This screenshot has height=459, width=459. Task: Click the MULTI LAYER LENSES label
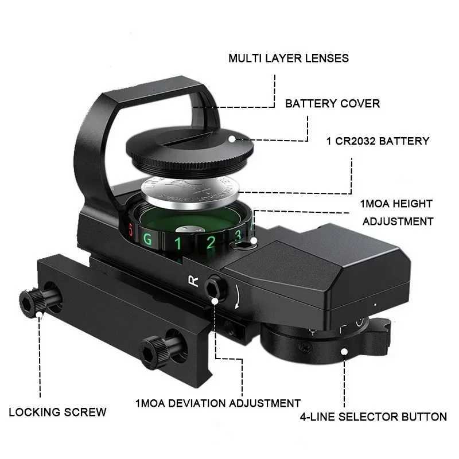point(289,58)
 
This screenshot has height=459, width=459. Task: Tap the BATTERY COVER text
point(332,104)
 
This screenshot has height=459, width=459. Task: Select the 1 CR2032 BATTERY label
point(376,141)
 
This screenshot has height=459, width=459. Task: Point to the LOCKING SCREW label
point(57,412)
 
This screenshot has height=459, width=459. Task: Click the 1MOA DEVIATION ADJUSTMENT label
point(218,403)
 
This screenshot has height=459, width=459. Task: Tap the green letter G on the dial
point(147,239)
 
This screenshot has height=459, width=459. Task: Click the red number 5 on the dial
point(131,232)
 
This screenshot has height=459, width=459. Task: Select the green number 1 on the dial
point(178,243)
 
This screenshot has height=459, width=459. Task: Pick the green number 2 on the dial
point(211,242)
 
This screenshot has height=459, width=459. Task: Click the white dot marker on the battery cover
point(232,138)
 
